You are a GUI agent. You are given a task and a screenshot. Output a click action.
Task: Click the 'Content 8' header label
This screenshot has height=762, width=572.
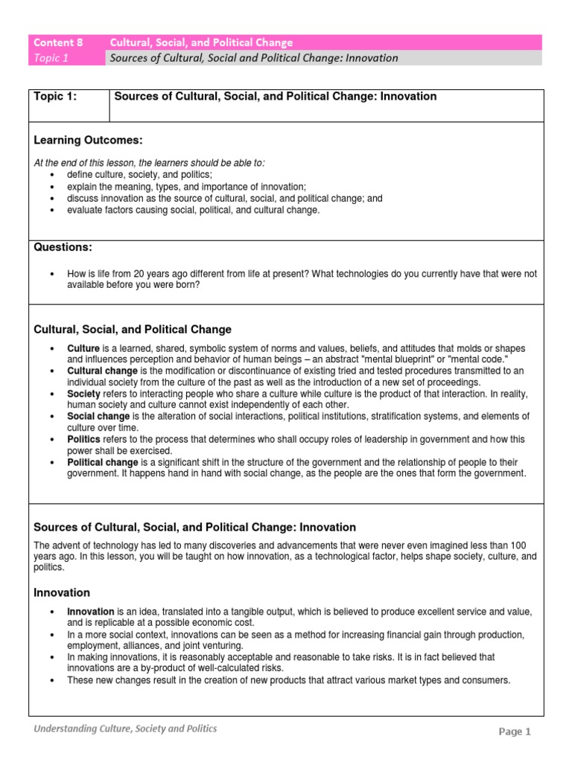coord(57,42)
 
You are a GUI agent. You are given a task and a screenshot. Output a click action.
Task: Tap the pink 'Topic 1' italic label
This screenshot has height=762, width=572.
coord(51,58)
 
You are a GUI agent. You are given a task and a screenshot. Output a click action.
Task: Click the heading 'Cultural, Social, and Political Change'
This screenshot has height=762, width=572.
coord(133,329)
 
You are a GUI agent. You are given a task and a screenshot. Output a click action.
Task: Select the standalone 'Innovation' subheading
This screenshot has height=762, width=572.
coord(63,592)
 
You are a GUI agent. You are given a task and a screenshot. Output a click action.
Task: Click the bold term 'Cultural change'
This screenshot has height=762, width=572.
coord(102,371)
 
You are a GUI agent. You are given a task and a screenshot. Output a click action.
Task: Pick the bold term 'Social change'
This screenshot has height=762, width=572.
coord(98,416)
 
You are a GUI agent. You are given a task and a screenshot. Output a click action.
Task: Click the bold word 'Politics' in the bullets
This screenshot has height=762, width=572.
coord(85,439)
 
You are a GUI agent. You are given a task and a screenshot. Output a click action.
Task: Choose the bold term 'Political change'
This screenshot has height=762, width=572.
coord(102,462)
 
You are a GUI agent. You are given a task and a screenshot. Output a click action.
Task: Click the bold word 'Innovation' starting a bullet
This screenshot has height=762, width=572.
coord(91,611)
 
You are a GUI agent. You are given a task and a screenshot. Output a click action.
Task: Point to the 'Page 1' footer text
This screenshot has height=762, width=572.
coord(515,731)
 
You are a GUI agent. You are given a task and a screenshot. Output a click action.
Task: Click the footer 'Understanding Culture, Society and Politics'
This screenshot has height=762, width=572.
coord(125,729)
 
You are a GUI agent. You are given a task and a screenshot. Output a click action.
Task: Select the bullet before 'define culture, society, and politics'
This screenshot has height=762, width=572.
coord(51,174)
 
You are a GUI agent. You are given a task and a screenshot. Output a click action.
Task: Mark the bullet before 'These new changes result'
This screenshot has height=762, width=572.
coord(51,680)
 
